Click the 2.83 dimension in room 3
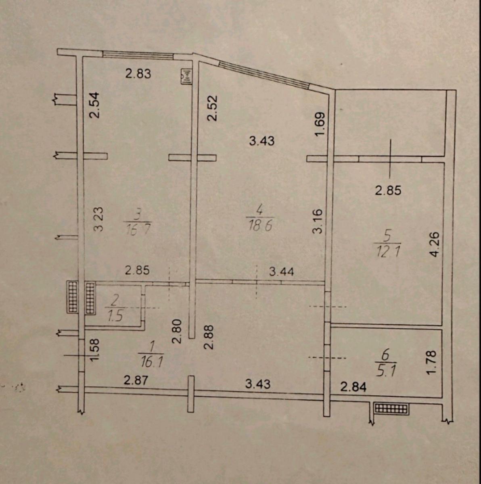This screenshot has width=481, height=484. point(138,74)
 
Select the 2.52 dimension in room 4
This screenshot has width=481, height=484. point(212,108)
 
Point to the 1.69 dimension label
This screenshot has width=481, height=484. point(320,124)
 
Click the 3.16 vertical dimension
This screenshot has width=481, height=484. point(318,221)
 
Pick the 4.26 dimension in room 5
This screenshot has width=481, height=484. point(435,244)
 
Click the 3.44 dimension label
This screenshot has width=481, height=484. point(281,271)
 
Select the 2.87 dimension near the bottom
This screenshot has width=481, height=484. point(136,380)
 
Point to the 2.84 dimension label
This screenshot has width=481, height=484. point(353,387)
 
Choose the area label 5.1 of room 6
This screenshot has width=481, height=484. point(385,371)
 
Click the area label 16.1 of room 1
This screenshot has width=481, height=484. point(151,363)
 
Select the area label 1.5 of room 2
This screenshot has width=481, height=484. point(115,316)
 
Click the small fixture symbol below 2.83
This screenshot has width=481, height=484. point(186,77)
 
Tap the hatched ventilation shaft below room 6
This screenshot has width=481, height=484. point(391,409)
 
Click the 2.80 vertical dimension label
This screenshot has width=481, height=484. point(177,331)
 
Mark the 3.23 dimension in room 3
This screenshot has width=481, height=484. point(98,219)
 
